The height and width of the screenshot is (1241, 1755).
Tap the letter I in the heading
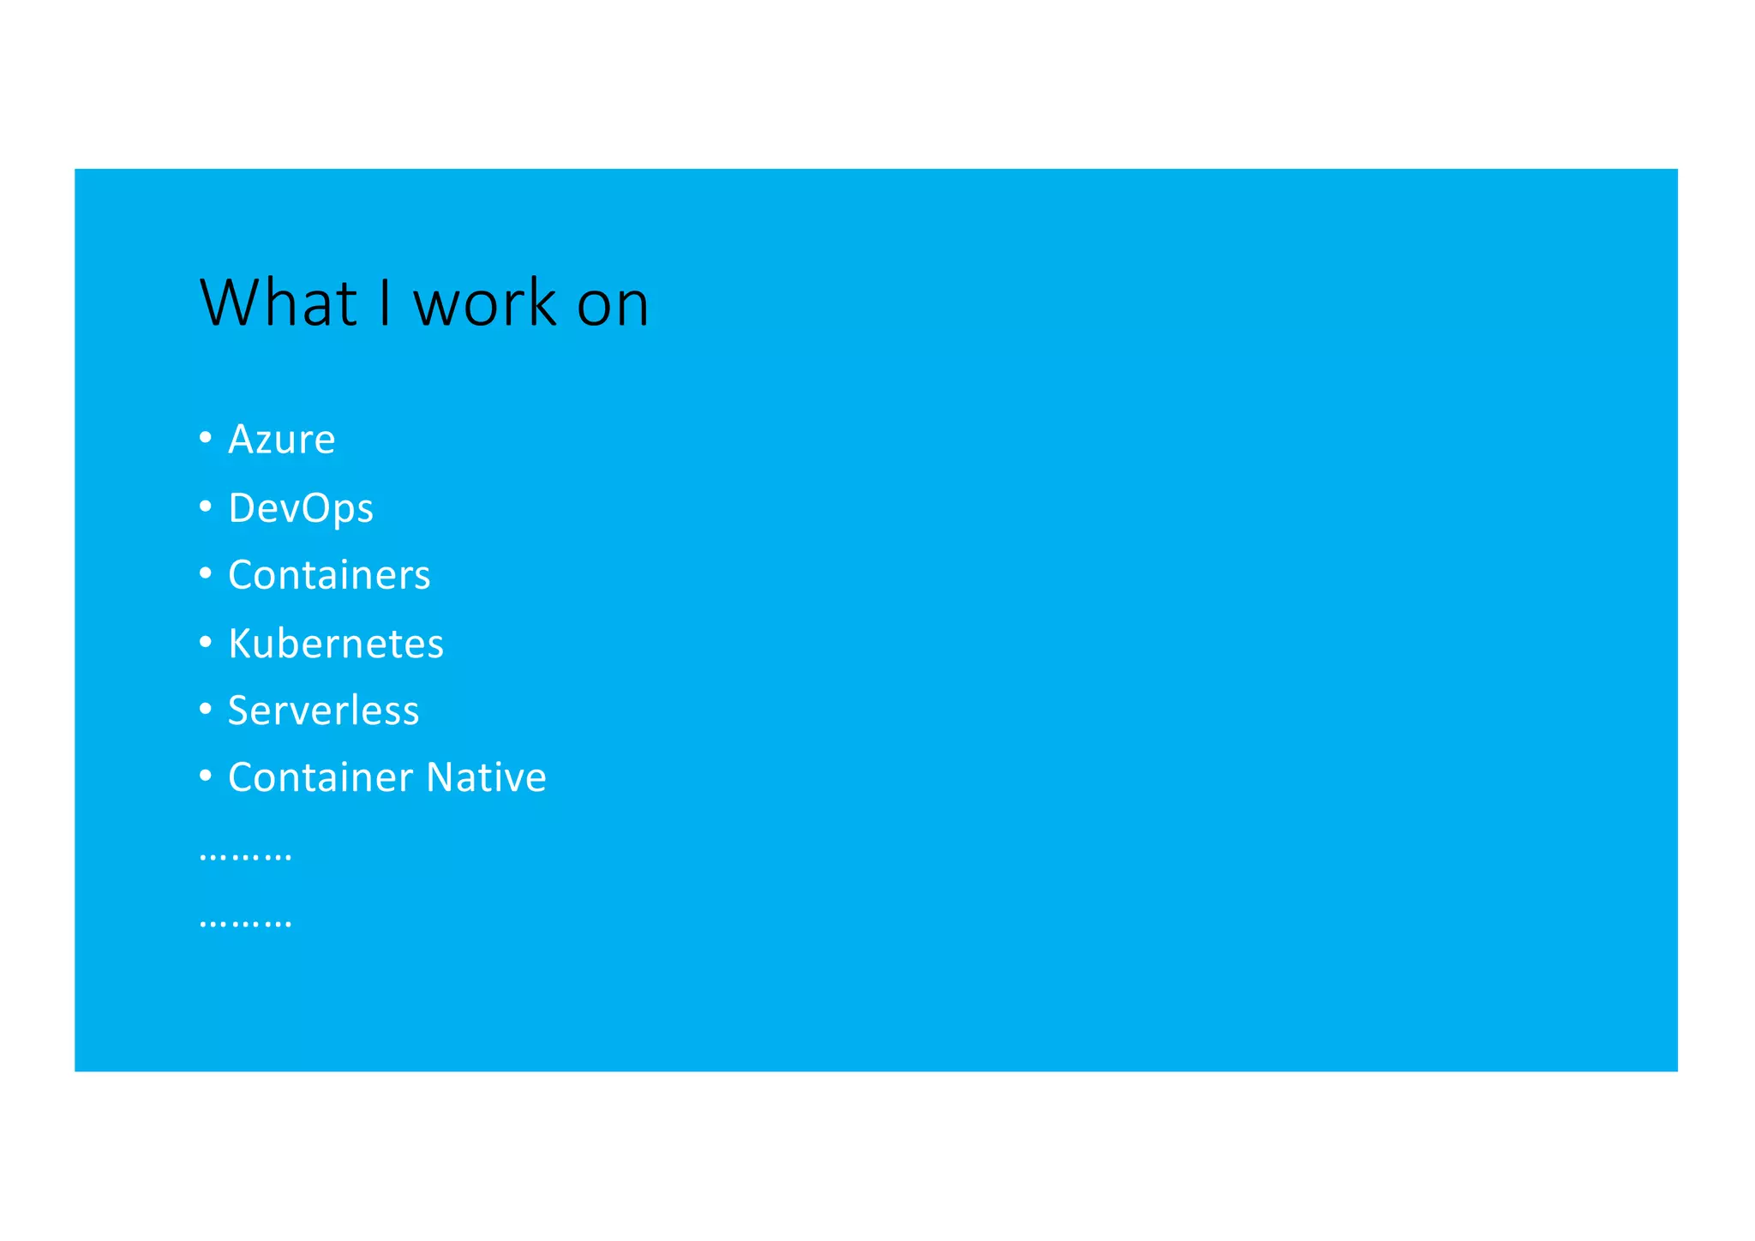coord(386,303)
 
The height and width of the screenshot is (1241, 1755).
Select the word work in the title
coord(485,303)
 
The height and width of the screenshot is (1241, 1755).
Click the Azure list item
coord(281,440)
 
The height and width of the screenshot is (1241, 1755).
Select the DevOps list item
coord(301,508)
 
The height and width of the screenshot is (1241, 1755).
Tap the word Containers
coord(329,575)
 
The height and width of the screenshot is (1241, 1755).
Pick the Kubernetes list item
coord(336,644)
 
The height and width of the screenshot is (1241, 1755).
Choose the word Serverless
coord(323,710)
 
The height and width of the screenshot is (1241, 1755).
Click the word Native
coord(486,777)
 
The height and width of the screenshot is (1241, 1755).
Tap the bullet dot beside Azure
coord(206,438)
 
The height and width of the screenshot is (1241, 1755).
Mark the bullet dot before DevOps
coord(206,507)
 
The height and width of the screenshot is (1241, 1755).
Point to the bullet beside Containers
coord(206,573)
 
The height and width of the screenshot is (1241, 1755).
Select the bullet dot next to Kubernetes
coord(206,642)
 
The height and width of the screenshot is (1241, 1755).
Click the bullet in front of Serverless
coord(206,709)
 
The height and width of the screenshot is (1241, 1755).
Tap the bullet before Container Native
coord(206,776)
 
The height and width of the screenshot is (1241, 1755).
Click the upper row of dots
coord(245,857)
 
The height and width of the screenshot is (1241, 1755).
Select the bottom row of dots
coord(245,924)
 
